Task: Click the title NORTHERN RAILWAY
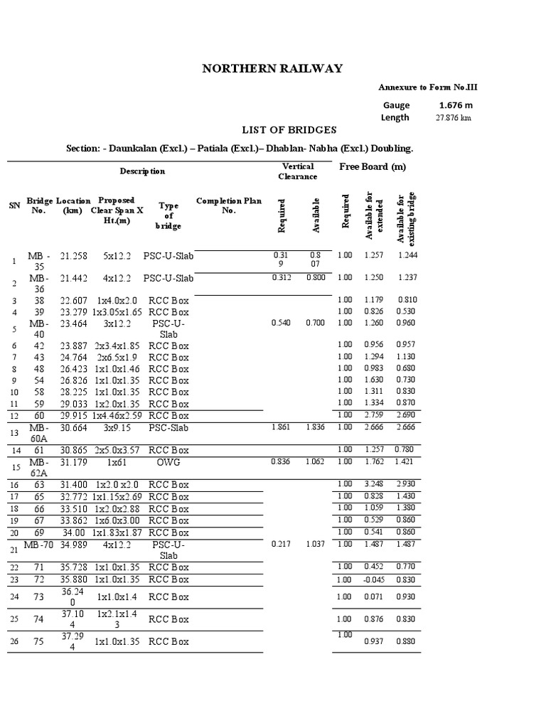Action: (x=272, y=68)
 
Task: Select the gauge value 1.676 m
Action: (x=456, y=105)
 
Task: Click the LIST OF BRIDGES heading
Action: (x=280, y=130)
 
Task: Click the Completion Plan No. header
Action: (x=228, y=205)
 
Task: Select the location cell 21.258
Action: (x=74, y=255)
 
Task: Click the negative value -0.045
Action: (x=373, y=579)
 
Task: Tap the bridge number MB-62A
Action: (x=38, y=467)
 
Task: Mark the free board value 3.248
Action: (x=373, y=484)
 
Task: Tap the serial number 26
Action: (x=14, y=642)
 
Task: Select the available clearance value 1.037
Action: (x=316, y=544)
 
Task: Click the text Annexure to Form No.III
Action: (x=432, y=87)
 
